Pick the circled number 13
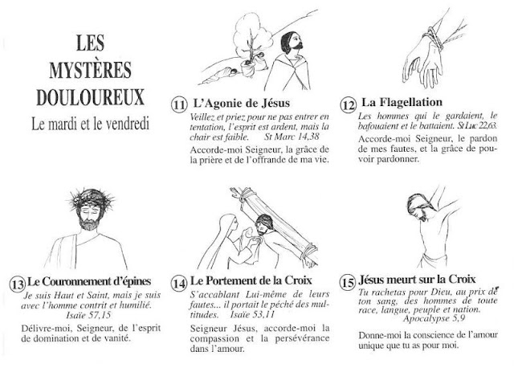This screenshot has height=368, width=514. click(x=17, y=283)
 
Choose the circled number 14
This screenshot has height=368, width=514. click(x=180, y=283)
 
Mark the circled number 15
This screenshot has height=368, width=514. click(x=346, y=282)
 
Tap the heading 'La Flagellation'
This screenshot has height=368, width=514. click(x=402, y=103)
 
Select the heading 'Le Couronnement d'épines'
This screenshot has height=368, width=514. click(x=93, y=282)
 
